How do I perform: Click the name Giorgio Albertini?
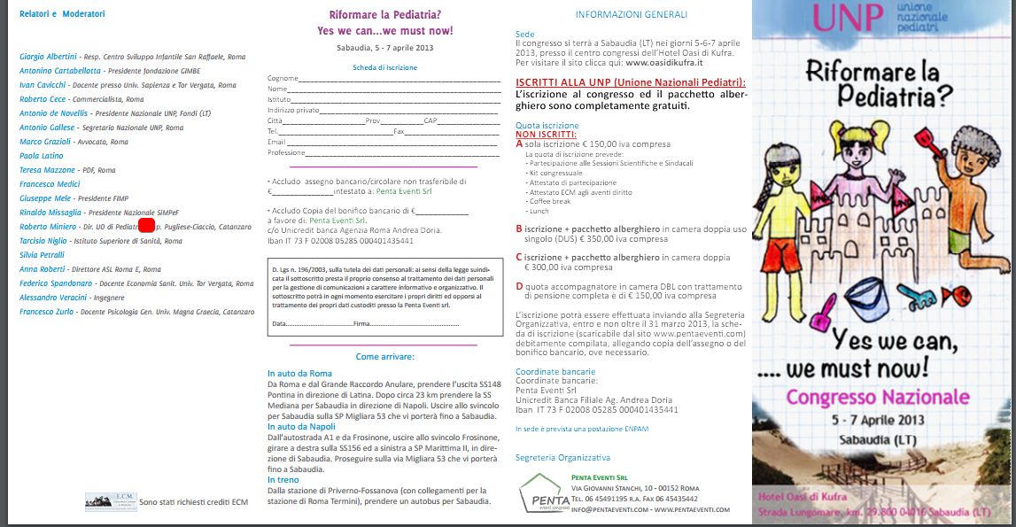(50, 56)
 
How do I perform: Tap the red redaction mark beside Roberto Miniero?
(146, 227)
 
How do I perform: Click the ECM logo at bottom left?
(110, 500)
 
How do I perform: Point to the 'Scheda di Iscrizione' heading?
(384, 67)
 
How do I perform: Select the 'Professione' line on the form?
(286, 152)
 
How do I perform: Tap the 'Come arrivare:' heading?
(384, 356)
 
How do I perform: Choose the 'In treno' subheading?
(283, 479)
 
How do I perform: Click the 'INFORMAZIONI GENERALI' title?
(631, 15)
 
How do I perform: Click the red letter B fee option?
(519, 229)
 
